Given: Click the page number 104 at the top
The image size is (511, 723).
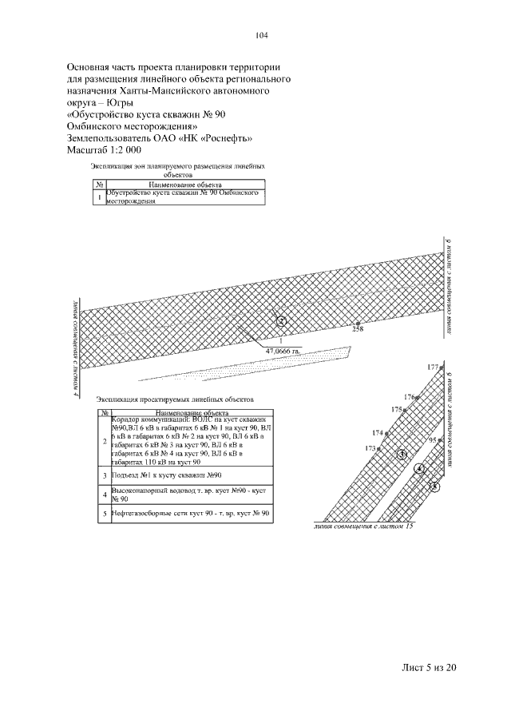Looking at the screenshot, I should click(x=260, y=35).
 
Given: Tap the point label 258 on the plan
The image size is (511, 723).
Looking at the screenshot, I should click(x=357, y=329).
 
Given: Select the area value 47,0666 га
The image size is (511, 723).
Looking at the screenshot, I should click(x=283, y=350).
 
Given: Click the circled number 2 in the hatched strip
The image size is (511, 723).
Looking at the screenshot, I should click(x=281, y=321).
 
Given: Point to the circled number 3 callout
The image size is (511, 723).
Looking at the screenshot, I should click(x=402, y=454).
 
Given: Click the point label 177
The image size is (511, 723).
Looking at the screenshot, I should click(x=433, y=367).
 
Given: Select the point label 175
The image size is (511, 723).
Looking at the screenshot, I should click(x=396, y=409).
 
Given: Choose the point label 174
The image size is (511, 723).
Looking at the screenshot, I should click(x=378, y=432).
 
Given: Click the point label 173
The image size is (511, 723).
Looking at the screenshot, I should click(x=370, y=448).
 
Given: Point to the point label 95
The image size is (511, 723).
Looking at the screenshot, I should click(x=433, y=440).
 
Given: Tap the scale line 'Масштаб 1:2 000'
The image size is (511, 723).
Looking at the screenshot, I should click(x=104, y=150).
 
